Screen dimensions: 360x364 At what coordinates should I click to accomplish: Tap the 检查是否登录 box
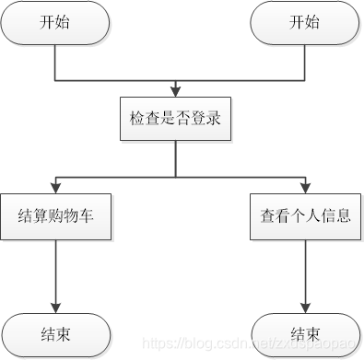(175, 119)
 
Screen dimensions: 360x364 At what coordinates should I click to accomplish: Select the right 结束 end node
(304, 332)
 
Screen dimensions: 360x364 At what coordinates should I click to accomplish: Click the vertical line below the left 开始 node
(55, 60)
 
